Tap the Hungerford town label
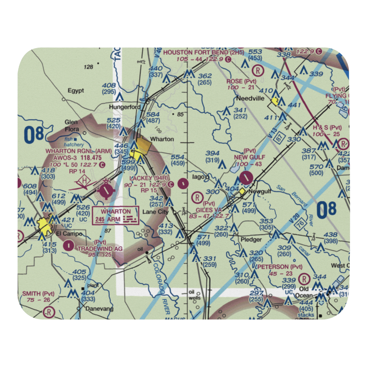(x=125, y=107)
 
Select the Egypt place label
(x=76, y=91)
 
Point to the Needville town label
(x=248, y=99)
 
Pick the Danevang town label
(x=99, y=309)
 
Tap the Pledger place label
(x=251, y=240)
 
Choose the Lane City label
(x=155, y=212)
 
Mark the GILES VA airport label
(x=208, y=210)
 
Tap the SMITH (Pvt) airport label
(x=38, y=294)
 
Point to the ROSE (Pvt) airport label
(x=241, y=81)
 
